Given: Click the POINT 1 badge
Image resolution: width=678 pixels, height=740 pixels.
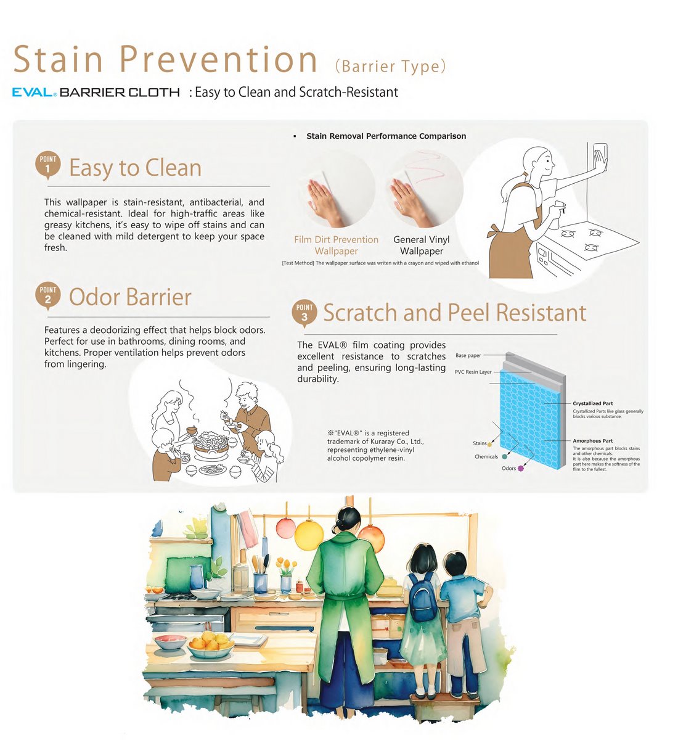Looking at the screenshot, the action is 48,165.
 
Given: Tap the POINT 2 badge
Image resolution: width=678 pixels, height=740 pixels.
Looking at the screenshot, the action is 48,295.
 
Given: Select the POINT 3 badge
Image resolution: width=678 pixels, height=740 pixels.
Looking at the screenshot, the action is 304,313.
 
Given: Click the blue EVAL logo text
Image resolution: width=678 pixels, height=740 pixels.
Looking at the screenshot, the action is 33,92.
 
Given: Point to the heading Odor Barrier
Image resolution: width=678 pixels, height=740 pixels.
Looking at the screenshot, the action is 130,297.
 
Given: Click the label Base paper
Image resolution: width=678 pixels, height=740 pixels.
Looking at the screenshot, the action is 468,355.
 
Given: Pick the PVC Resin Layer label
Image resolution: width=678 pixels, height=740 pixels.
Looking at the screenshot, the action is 473,372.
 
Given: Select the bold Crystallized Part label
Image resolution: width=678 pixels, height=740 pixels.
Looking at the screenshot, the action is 593,403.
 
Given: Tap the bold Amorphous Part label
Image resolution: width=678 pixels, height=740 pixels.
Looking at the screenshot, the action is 592,441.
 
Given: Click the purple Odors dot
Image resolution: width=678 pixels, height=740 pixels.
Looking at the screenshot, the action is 520,469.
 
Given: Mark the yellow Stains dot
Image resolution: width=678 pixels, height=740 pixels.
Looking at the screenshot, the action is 490,444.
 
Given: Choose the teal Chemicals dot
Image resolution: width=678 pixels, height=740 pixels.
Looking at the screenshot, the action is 505,457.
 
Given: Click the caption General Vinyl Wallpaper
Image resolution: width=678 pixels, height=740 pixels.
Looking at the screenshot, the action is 422,245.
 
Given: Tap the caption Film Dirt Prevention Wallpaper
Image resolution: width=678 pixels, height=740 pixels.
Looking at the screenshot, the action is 336,245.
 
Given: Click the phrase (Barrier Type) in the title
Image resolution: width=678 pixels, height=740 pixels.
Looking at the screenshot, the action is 390,67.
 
